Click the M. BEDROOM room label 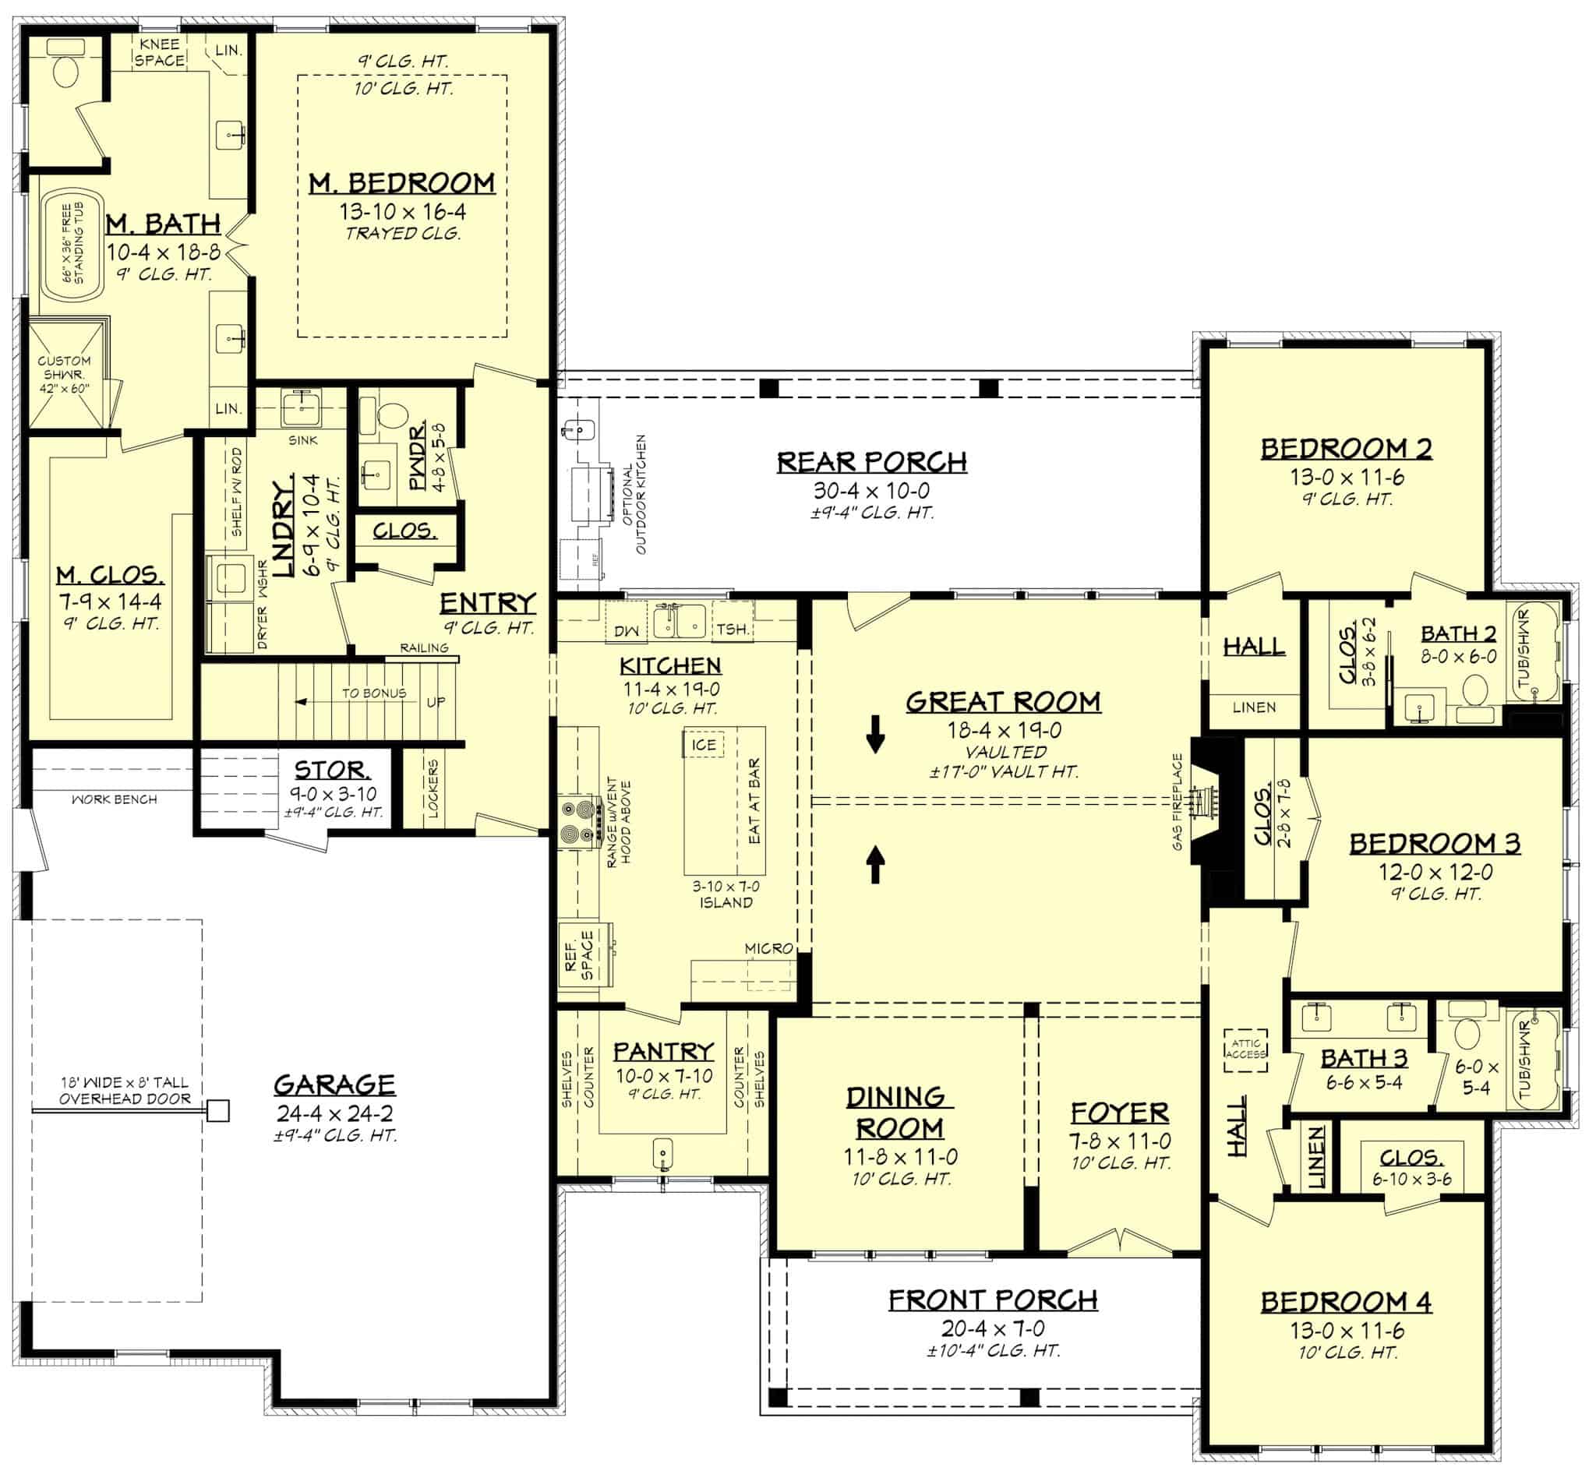401,183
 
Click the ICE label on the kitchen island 703,745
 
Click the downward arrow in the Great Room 875,734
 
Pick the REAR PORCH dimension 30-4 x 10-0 871,490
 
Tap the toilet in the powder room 392,417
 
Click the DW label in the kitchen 625,631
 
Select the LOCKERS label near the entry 433,788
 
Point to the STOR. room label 332,771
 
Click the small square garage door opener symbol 217,1111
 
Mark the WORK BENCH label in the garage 114,799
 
